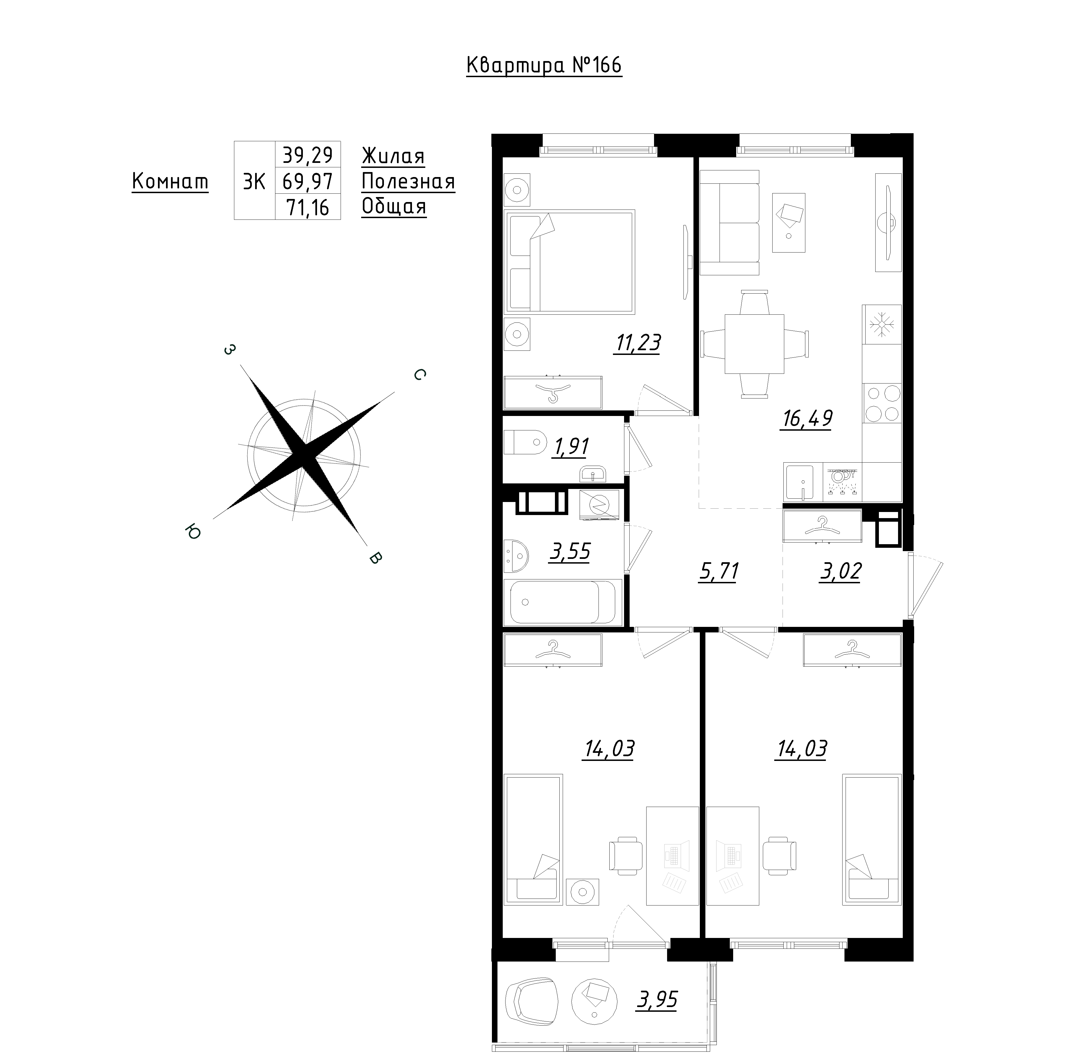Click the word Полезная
coord(408,181)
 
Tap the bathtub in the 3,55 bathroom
coord(563,602)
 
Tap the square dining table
coord(754,344)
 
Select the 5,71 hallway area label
coord(718,572)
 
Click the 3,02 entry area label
coord(840,572)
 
